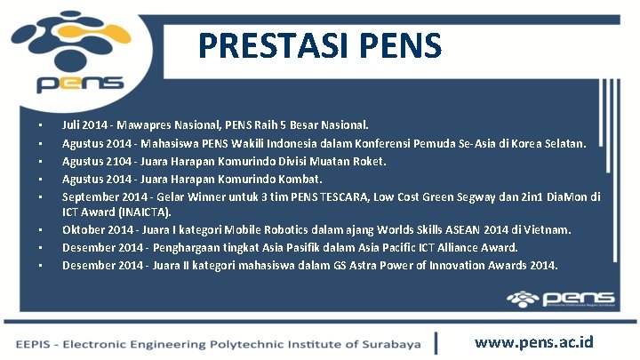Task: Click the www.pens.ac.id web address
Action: click(534, 342)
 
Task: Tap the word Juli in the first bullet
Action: click(73, 126)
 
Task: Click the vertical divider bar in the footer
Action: click(436, 342)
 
